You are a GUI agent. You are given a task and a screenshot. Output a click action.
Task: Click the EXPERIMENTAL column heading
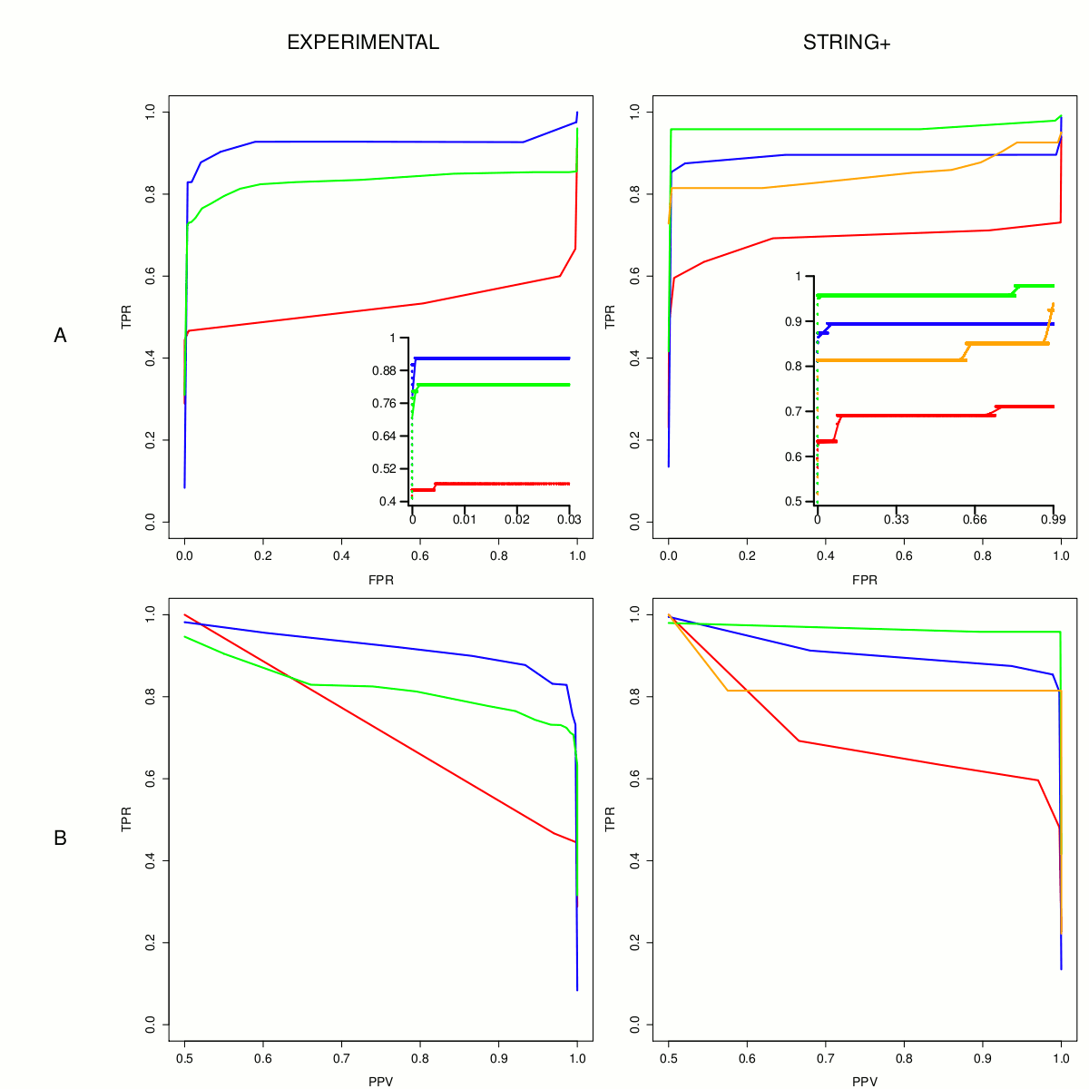(x=363, y=43)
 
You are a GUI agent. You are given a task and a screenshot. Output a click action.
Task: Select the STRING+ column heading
(x=847, y=43)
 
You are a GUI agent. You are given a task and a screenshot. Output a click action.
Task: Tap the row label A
(x=60, y=336)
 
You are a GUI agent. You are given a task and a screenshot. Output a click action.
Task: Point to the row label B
(x=60, y=839)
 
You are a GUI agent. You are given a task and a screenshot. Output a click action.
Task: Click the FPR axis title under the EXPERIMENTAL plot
(x=381, y=580)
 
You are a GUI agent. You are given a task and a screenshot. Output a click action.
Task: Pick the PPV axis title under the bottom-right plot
(x=865, y=1082)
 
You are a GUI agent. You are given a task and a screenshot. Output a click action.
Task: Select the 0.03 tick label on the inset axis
(x=569, y=519)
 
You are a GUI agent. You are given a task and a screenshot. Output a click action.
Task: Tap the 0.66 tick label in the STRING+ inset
(x=975, y=519)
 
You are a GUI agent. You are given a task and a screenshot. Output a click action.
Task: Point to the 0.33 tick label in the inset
(x=896, y=519)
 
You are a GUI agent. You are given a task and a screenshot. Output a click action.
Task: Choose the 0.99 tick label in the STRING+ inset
(x=1053, y=519)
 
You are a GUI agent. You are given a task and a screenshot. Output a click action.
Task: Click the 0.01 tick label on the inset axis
(x=465, y=519)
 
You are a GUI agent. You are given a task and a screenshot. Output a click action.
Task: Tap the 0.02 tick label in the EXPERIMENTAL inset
(x=517, y=519)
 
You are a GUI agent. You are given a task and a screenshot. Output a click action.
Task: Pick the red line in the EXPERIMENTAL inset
(x=499, y=484)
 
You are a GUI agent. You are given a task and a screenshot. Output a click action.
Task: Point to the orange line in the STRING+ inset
(x=889, y=360)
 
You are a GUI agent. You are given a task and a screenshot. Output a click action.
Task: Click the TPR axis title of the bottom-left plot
(x=126, y=819)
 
